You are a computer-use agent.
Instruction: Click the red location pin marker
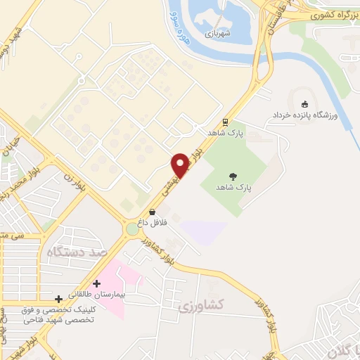[x=181, y=165]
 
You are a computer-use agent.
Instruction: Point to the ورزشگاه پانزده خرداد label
[x=306, y=115]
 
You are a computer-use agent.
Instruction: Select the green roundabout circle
[x=132, y=229]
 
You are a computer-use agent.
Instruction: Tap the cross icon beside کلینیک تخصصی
[x=58, y=299]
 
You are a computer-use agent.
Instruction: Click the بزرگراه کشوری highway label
[x=332, y=14]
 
